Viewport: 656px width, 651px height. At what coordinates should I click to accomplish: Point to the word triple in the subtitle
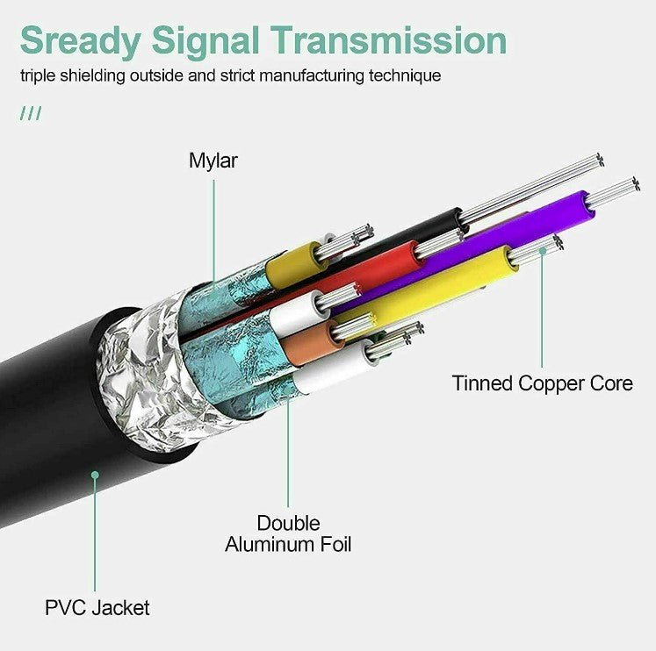tap(40, 75)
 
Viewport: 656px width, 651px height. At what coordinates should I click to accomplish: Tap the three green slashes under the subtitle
tap(31, 114)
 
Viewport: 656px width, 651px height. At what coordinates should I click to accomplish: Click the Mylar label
tap(213, 161)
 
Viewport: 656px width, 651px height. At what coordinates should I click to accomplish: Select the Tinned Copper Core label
tap(542, 383)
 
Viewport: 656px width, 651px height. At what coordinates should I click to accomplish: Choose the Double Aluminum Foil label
tap(288, 534)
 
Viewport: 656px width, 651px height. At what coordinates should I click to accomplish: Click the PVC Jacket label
tap(97, 607)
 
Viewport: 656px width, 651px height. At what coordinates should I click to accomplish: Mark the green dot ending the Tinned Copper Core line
tap(543, 251)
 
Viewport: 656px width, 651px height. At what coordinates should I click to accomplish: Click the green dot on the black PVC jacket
tap(95, 475)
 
